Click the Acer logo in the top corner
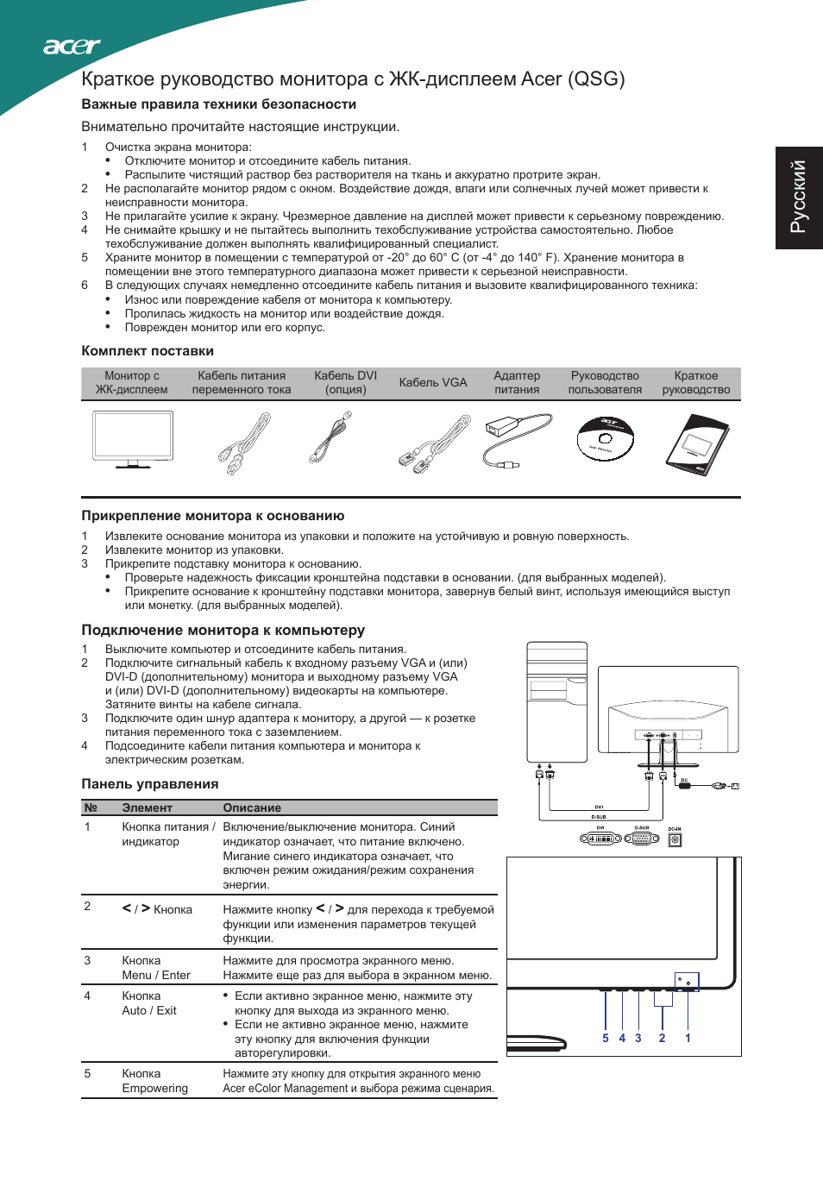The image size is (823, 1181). (x=72, y=47)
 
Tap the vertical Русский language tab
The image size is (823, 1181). (x=799, y=197)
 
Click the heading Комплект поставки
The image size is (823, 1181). (x=148, y=351)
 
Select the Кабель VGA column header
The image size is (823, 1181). (x=433, y=382)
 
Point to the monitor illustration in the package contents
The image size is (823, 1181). (x=133, y=440)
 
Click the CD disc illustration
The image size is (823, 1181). (x=606, y=439)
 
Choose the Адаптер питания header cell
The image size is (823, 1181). (x=517, y=382)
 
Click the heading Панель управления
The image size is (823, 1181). (x=150, y=784)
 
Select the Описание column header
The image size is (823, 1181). (x=252, y=808)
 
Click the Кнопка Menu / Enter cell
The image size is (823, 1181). (x=156, y=968)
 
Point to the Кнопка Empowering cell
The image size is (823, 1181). (x=154, y=1081)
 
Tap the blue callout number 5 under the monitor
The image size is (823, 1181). (x=606, y=1039)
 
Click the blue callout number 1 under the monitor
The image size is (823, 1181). (x=688, y=1039)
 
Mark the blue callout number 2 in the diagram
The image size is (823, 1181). (x=662, y=1039)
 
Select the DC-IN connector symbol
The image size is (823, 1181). (x=675, y=839)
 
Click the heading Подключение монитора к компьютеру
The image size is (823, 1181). (x=223, y=631)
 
